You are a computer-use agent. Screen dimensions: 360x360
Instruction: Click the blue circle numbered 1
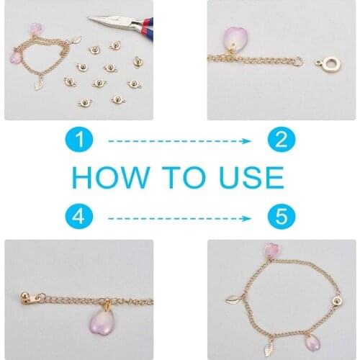pos(79,140)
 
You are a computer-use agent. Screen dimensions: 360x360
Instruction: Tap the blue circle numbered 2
pos(282,140)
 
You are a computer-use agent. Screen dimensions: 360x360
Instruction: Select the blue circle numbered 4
pos(79,217)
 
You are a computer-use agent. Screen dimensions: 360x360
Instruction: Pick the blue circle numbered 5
pos(282,215)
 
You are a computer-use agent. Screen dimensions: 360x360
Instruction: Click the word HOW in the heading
pos(111,178)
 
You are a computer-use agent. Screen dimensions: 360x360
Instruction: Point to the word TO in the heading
pos(184,178)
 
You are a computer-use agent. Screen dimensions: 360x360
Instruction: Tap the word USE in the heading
pos(251,178)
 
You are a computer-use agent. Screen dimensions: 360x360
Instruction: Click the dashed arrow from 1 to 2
pos(179,141)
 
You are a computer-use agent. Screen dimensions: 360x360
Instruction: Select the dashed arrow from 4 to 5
pos(179,218)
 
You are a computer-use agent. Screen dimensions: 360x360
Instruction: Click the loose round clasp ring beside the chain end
pos(328,64)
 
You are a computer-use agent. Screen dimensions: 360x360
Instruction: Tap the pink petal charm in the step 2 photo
pos(235,39)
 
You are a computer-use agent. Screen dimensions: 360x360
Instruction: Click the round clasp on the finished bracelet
pos(338,301)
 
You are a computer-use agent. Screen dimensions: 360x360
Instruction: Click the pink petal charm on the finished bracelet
pos(313,343)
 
